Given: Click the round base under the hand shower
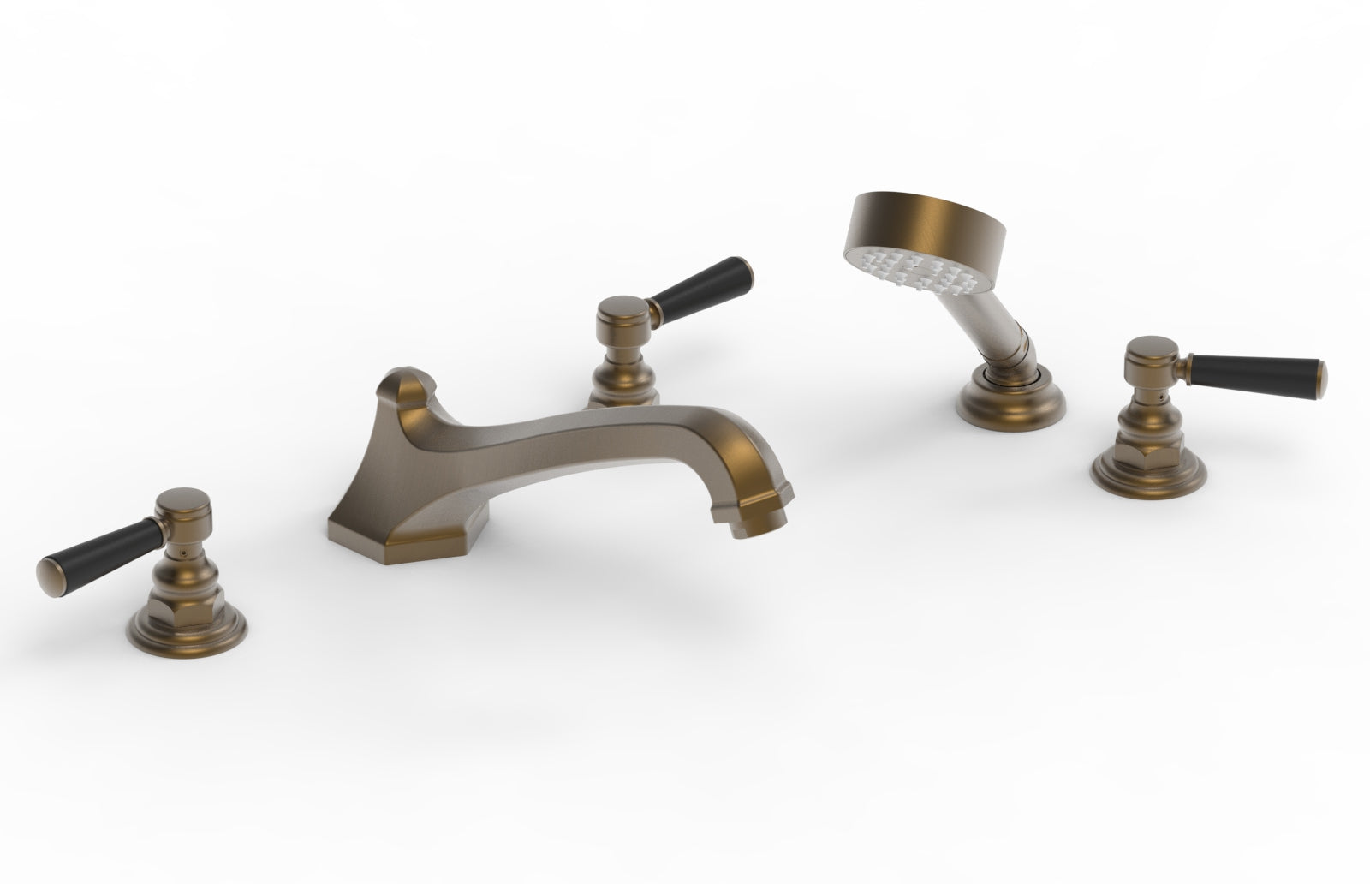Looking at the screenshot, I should click(x=997, y=403).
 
